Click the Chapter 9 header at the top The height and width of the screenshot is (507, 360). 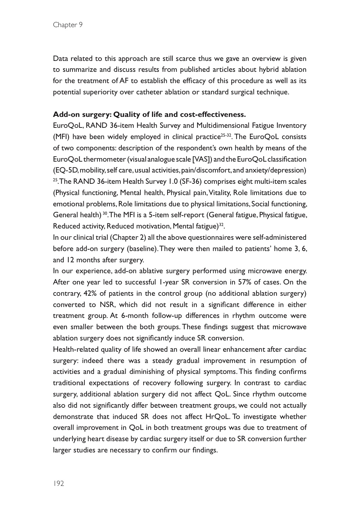coord(68,25)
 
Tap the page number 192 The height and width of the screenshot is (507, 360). coord(58,483)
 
